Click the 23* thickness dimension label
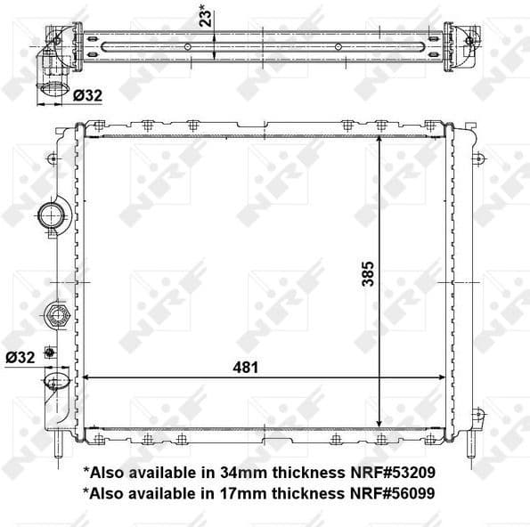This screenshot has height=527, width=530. (205, 15)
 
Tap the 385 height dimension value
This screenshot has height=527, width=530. (367, 273)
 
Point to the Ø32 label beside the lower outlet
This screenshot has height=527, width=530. (19, 357)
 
